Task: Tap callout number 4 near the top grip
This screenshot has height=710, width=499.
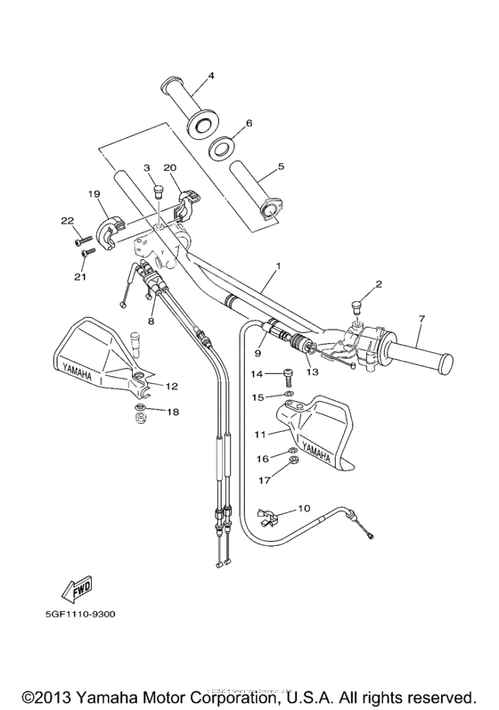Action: pyautogui.click(x=211, y=76)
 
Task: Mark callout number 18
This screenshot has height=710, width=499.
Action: pyautogui.click(x=172, y=412)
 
